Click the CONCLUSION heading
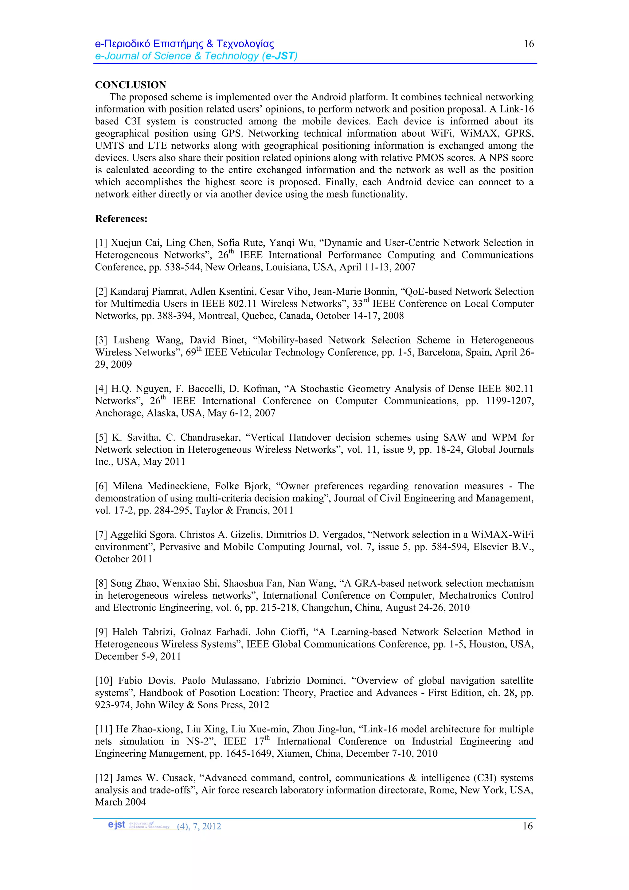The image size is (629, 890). (131, 85)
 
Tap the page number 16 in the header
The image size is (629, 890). (529, 44)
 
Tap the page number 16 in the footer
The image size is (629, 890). (528, 826)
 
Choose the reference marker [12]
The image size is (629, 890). (104, 778)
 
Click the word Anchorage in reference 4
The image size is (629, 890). (119, 413)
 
